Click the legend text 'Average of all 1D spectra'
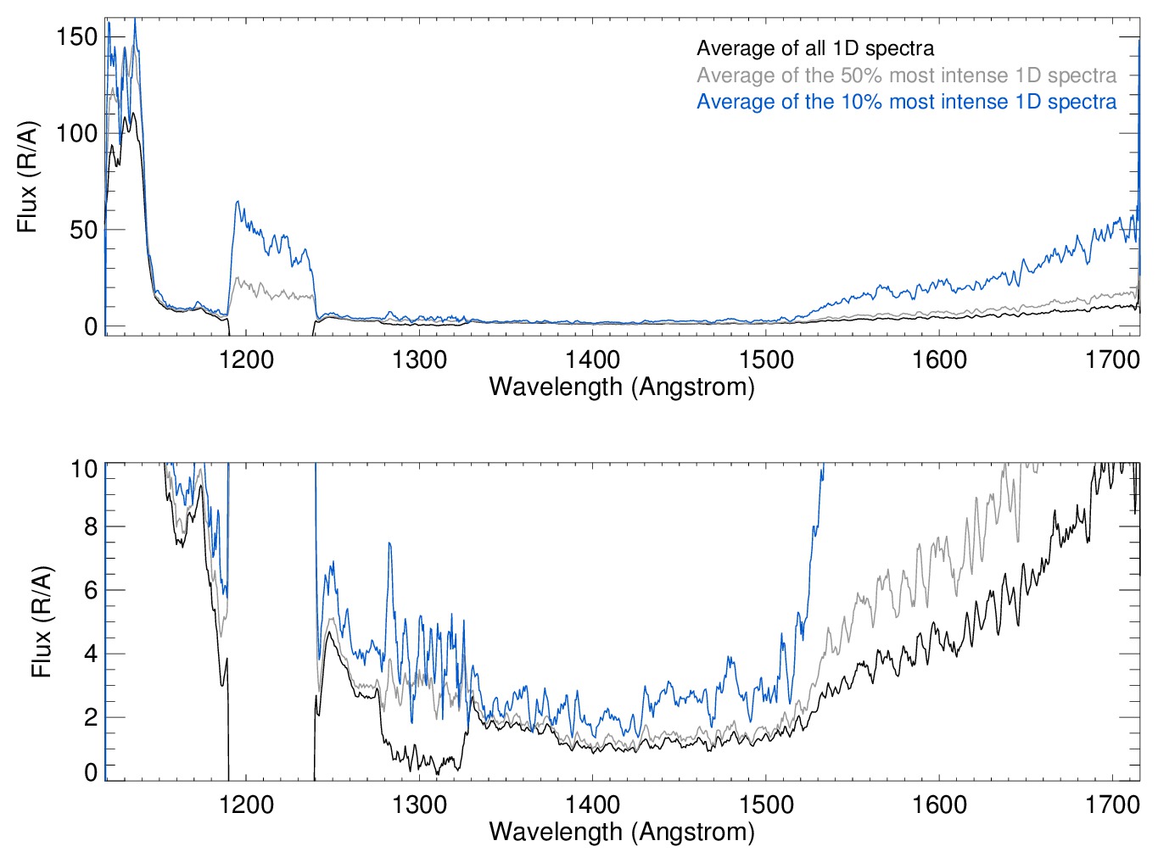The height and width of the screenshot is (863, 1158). pyautogui.click(x=815, y=48)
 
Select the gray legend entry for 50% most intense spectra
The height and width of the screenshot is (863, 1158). pyautogui.click(x=906, y=75)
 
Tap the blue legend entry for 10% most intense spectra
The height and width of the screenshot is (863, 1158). pyautogui.click(x=906, y=102)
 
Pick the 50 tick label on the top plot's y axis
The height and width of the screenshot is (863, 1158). pyautogui.click(x=84, y=230)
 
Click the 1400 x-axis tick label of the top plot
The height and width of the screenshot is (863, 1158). pyautogui.click(x=592, y=359)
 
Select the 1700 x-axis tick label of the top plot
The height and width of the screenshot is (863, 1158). pyautogui.click(x=1112, y=359)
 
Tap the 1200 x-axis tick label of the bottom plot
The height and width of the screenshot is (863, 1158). pyautogui.click(x=246, y=804)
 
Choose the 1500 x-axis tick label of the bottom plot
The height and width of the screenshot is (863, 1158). pyautogui.click(x=766, y=804)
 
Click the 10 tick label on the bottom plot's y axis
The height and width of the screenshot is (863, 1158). pyautogui.click(x=84, y=469)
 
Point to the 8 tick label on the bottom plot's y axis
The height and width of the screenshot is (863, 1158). pyautogui.click(x=91, y=526)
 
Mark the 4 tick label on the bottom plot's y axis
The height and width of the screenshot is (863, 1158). pyautogui.click(x=91, y=654)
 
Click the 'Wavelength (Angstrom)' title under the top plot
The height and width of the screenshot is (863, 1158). pyautogui.click(x=622, y=387)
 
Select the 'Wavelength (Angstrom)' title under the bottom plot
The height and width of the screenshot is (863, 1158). pyautogui.click(x=622, y=832)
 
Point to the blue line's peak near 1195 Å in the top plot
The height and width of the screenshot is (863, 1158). pyautogui.click(x=238, y=202)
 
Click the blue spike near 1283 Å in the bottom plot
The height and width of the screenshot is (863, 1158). pyautogui.click(x=389, y=543)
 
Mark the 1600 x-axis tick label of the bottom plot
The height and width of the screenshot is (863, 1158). pyautogui.click(x=939, y=804)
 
